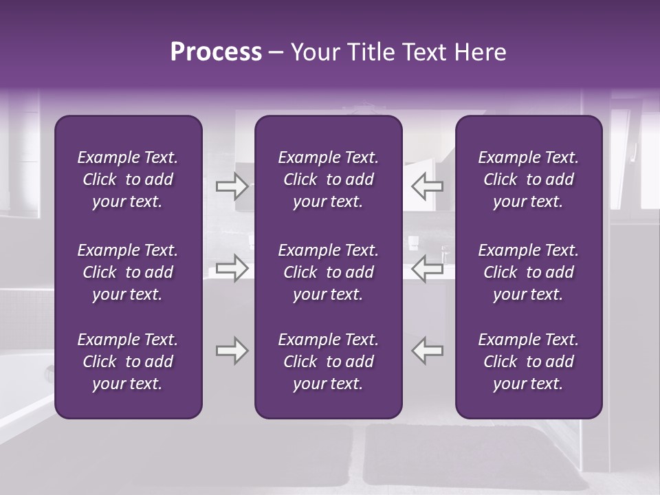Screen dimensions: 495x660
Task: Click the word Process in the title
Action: [x=216, y=52]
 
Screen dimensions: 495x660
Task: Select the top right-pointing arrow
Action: [x=232, y=186]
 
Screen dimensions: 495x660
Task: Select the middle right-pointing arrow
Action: [x=232, y=268]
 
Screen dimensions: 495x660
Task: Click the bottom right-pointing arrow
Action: [x=232, y=351]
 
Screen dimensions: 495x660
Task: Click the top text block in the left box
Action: [x=128, y=179]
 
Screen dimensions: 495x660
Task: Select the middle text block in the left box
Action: [x=128, y=272]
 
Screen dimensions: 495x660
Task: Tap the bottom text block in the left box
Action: [x=128, y=362]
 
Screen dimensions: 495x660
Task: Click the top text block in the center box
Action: [x=328, y=179]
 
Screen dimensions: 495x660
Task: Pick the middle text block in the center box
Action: [x=328, y=272]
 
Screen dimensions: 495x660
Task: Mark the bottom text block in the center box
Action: [x=328, y=362]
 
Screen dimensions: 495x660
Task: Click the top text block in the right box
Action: [x=528, y=179]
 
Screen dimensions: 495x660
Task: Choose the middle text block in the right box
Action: [x=528, y=272]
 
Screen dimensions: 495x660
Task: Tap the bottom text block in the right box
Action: [x=528, y=362]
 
